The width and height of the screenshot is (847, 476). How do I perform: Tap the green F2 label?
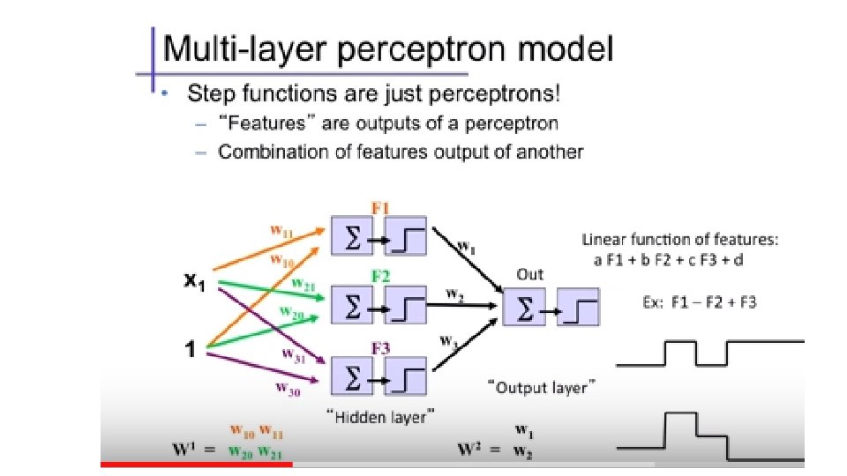[380, 276]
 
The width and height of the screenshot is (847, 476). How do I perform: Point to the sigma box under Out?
[524, 309]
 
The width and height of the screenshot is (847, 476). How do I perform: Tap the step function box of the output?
[578, 309]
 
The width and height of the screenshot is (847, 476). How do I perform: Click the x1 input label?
[196, 285]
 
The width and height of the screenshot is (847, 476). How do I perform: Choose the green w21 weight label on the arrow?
[304, 284]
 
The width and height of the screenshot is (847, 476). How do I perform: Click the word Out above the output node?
[529, 275]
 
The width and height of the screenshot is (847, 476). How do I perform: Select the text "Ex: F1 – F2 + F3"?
[698, 301]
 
